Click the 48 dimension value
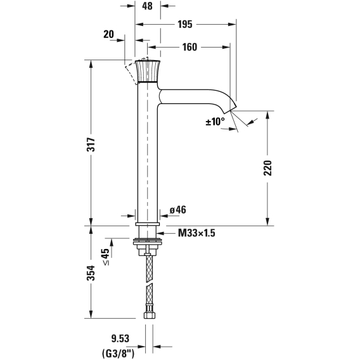pos(147,6)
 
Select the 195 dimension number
pos(185,24)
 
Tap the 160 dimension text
pos(190,47)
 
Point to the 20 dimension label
pos(108,34)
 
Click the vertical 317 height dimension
pos(91,144)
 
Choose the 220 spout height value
pos(267,168)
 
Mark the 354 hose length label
pos(91,273)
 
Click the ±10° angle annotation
pos(215,122)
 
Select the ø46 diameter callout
pos(178,210)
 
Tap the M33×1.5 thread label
pos(196,233)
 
